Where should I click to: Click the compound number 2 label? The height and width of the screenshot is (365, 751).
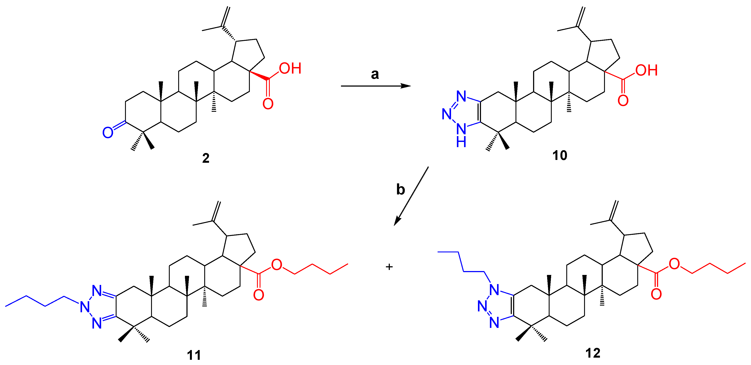206,158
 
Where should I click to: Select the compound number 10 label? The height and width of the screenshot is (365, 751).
560,155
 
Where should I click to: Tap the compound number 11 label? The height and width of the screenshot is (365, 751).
194,355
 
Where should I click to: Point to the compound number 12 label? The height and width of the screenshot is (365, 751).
593,353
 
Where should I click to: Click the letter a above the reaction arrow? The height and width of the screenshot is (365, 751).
375,74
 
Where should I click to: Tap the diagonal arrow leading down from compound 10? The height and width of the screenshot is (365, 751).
411,196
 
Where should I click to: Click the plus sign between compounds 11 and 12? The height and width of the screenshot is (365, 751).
389,266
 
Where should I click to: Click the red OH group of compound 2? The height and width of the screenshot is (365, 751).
290,69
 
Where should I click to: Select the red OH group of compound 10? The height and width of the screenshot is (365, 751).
646,70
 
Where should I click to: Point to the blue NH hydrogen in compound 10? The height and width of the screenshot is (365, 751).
461,142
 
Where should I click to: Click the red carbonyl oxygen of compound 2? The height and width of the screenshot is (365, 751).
268,104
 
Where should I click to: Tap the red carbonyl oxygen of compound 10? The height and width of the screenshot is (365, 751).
623,100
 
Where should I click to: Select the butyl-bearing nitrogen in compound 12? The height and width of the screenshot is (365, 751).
494,289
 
